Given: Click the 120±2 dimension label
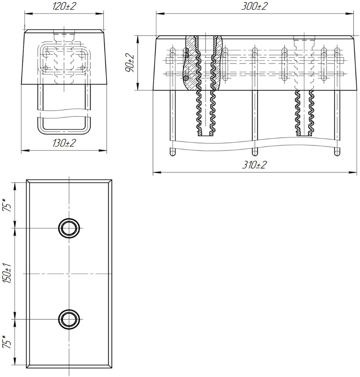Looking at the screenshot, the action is (64, 7).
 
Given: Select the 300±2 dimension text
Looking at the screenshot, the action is (254, 6).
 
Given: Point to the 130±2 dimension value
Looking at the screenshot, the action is (64, 143).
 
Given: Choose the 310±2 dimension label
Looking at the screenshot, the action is (254, 165).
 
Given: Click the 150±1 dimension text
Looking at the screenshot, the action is (7, 273).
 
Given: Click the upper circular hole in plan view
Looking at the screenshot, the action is (69, 228).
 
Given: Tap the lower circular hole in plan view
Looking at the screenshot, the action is (69, 319).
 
